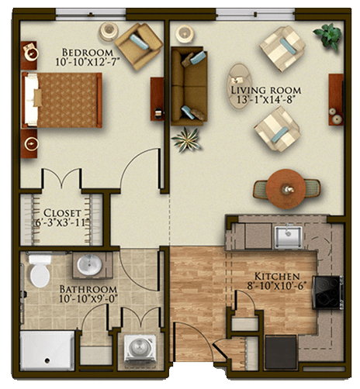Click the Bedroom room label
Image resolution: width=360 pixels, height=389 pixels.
(x=88, y=53)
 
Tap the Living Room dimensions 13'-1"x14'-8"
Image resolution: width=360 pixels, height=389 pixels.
(x=266, y=99)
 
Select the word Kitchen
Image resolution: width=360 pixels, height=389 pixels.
(x=277, y=277)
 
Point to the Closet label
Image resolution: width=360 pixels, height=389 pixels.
(x=62, y=213)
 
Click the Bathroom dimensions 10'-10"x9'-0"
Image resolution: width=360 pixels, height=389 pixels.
(x=88, y=299)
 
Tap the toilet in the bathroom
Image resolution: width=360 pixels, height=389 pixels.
(x=40, y=271)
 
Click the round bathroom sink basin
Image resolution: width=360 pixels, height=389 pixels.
(x=89, y=265)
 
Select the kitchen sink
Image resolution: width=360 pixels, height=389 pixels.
(x=288, y=237)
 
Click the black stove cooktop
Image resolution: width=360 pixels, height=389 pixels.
(x=328, y=292)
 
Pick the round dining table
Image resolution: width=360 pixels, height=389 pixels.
(x=286, y=189)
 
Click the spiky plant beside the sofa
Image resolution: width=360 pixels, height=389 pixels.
(x=186, y=139)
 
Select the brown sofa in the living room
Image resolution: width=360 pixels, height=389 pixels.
(x=189, y=86)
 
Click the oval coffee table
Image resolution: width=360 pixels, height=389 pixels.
(x=239, y=86)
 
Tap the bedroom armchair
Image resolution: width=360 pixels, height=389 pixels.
(x=139, y=46)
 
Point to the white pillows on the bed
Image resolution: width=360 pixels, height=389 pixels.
(x=31, y=100)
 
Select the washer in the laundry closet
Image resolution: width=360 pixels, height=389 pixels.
(x=140, y=348)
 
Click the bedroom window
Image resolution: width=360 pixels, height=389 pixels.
(x=91, y=15)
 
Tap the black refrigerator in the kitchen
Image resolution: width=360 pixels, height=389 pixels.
(x=281, y=352)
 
